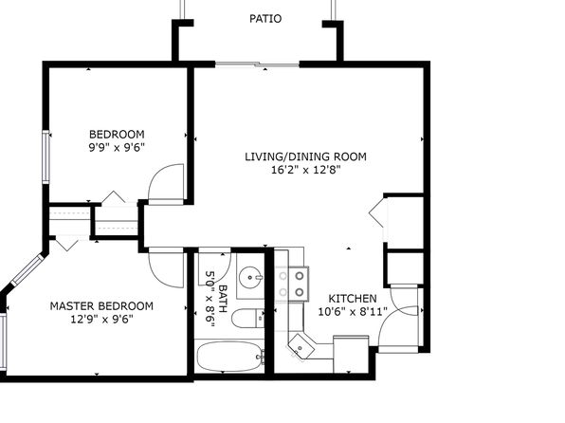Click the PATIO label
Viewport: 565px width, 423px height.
265,18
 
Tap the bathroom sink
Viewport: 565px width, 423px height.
251,278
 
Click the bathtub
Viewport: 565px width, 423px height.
230,357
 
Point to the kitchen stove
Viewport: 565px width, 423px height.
292,284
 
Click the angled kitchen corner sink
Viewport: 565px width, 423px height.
301,346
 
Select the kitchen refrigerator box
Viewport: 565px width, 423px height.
351,355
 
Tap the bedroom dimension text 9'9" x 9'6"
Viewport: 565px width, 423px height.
117,148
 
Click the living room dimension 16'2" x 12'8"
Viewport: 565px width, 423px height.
305,170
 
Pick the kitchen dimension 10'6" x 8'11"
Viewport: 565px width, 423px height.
353,311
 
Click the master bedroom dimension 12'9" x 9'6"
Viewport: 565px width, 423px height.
101,319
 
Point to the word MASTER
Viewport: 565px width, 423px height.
72,306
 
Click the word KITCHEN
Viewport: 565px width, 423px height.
353,299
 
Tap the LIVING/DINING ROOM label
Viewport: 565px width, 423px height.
305,156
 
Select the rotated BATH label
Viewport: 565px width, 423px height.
223,299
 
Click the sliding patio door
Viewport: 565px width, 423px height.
257,64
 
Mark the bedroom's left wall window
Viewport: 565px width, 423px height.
46,156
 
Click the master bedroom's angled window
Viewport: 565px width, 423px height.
27,269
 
